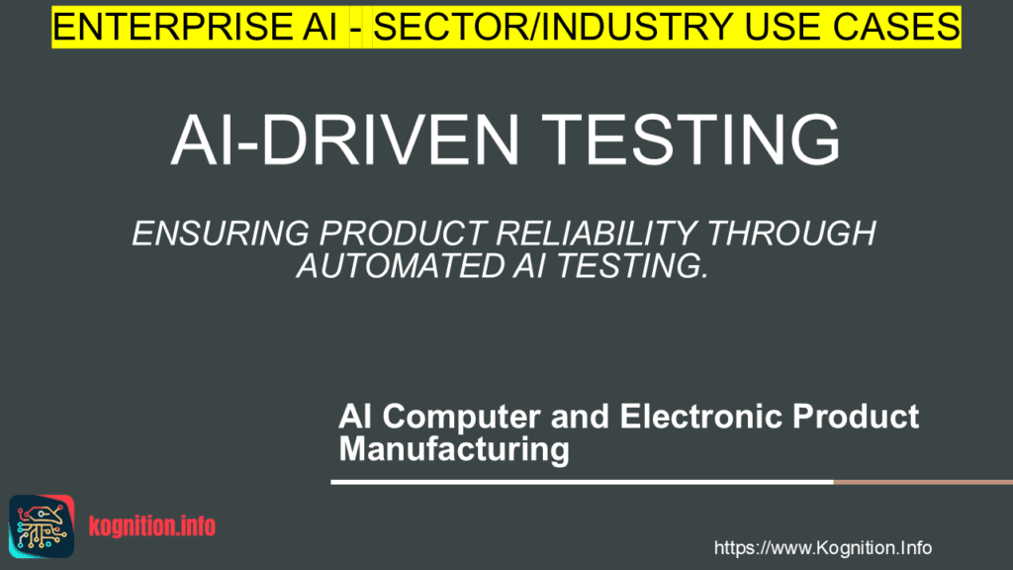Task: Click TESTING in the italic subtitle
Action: coord(623,266)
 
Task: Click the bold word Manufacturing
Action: coord(454,449)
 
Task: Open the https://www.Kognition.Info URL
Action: coord(822,548)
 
